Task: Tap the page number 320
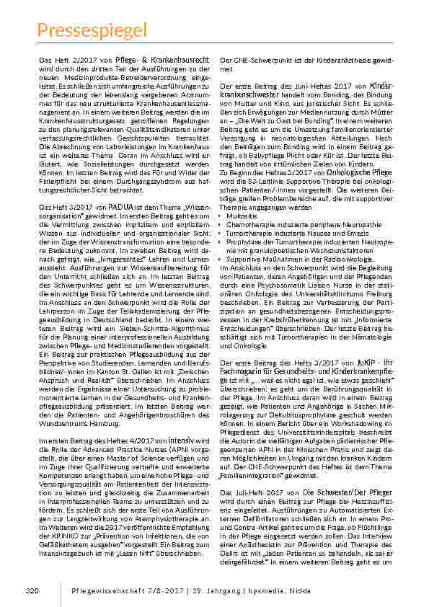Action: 31,591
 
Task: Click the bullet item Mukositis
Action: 242,214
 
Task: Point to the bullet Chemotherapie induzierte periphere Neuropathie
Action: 304,224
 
